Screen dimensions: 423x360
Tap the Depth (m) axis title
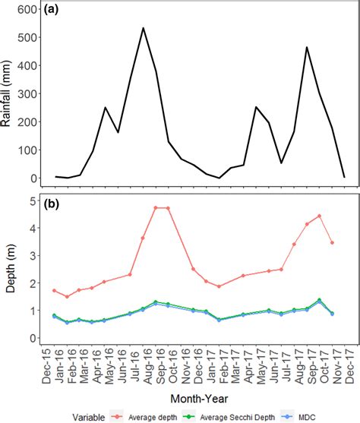click(9, 269)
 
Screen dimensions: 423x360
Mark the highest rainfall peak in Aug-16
click(143, 28)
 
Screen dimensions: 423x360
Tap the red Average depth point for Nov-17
click(331, 243)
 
